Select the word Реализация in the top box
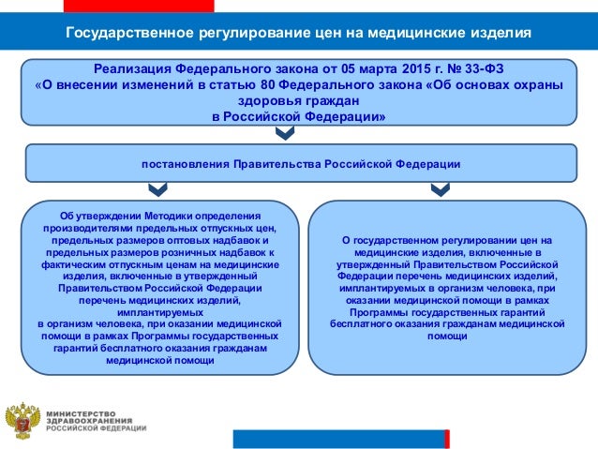[136, 69]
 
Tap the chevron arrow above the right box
[438, 189]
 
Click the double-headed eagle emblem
[22, 421]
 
